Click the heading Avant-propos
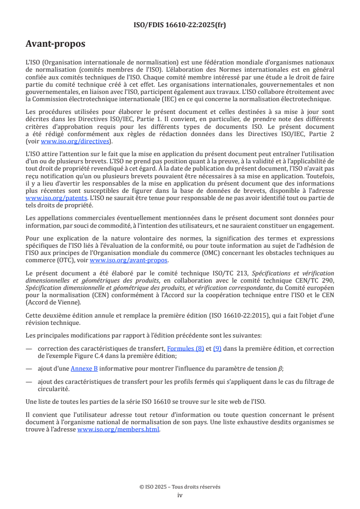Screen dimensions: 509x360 [x=55, y=44]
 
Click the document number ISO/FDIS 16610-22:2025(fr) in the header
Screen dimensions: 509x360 [x=180, y=25]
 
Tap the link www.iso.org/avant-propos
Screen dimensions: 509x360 [x=129, y=260]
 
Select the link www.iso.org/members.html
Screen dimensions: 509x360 [x=118, y=429]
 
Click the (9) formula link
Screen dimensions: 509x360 [x=217, y=349]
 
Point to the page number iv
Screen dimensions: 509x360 [x=180, y=495]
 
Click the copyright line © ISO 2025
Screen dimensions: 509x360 [x=180, y=487]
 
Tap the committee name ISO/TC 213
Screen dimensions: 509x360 [x=232, y=273]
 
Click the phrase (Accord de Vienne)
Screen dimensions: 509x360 [x=53, y=302]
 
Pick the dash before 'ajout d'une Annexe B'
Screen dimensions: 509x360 [x=29, y=368]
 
